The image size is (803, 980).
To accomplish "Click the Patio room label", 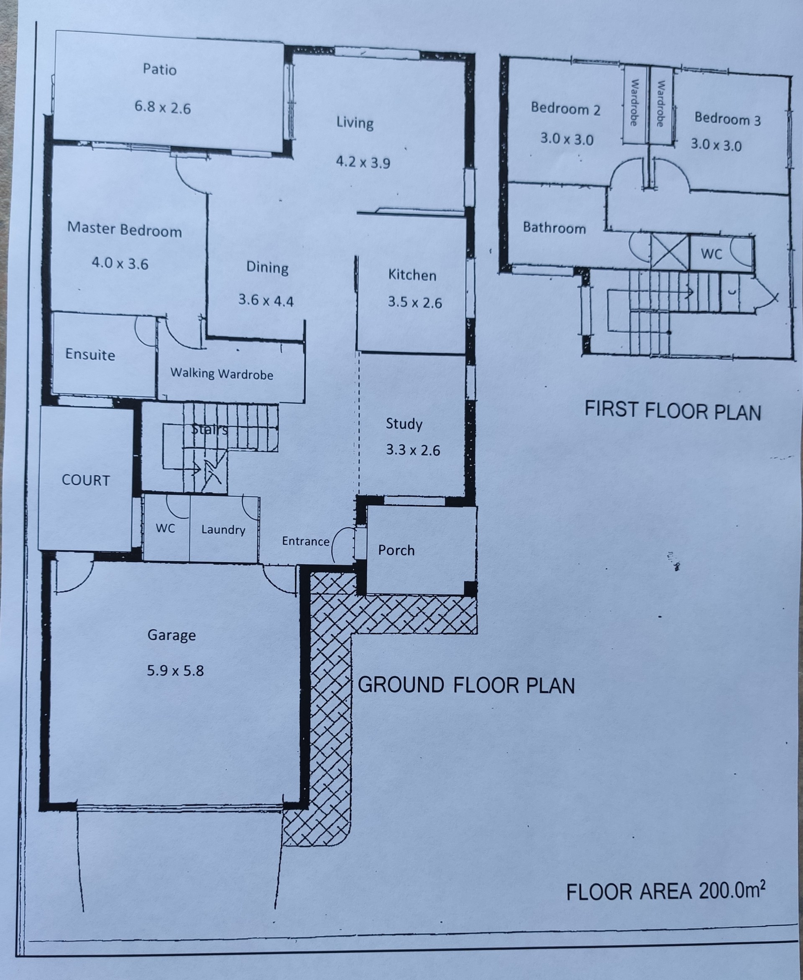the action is pos(160,70).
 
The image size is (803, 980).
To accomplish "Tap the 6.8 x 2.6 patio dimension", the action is pos(163,108).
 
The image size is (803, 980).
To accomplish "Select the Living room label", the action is pos(355,122).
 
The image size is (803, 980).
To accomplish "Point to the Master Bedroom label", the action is pos(125,230).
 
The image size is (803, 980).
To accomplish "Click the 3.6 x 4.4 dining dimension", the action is pos(266,301).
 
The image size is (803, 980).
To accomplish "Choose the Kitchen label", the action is pos(412,275).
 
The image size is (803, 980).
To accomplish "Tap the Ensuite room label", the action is pos(90,354).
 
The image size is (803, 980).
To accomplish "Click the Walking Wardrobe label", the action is pos(222,374).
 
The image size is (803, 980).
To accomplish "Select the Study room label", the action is pos(404,424).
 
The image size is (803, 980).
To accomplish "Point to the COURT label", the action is pos(86,480).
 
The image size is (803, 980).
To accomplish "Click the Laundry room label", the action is pos(223,529).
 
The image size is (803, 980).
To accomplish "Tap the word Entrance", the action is pos(306,541).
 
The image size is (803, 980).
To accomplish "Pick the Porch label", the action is pos(396,550).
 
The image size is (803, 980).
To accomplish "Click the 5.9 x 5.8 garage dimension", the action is pos(175,670).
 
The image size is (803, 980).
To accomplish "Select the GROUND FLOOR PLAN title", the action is pos(466,685).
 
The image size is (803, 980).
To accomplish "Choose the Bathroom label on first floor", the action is pos(554,228).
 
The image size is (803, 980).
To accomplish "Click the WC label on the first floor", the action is pos(711,254).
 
